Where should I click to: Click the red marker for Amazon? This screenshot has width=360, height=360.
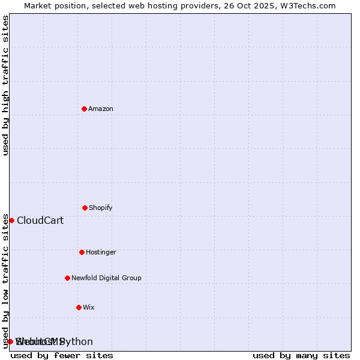coord(84,109)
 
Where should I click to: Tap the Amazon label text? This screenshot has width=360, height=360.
coord(101,109)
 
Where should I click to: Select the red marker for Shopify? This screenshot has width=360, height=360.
coord(85,208)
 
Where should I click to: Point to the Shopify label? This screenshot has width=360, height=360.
coord(101,208)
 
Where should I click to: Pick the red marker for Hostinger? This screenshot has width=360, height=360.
coord(82,252)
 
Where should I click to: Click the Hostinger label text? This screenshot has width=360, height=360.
coord(101,253)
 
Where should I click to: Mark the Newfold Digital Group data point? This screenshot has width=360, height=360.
coord(67,278)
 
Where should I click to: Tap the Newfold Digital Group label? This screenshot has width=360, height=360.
coord(106,278)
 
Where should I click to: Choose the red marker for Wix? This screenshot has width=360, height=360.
coord(79,307)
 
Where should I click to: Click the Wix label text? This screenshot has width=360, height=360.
coord(89,308)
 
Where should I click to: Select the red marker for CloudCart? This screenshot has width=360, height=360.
coord(11,220)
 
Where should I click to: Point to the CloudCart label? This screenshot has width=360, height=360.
coord(40,221)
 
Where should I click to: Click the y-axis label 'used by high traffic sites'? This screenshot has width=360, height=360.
coord(6,85)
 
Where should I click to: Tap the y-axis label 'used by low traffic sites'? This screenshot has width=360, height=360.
coord(6,281)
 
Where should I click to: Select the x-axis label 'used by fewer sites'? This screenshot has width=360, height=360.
coord(62,356)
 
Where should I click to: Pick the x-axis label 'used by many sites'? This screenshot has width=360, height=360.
coord(301,356)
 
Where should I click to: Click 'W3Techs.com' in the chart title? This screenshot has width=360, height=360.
coord(311,5)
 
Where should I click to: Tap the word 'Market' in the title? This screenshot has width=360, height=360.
coord(38,5)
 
